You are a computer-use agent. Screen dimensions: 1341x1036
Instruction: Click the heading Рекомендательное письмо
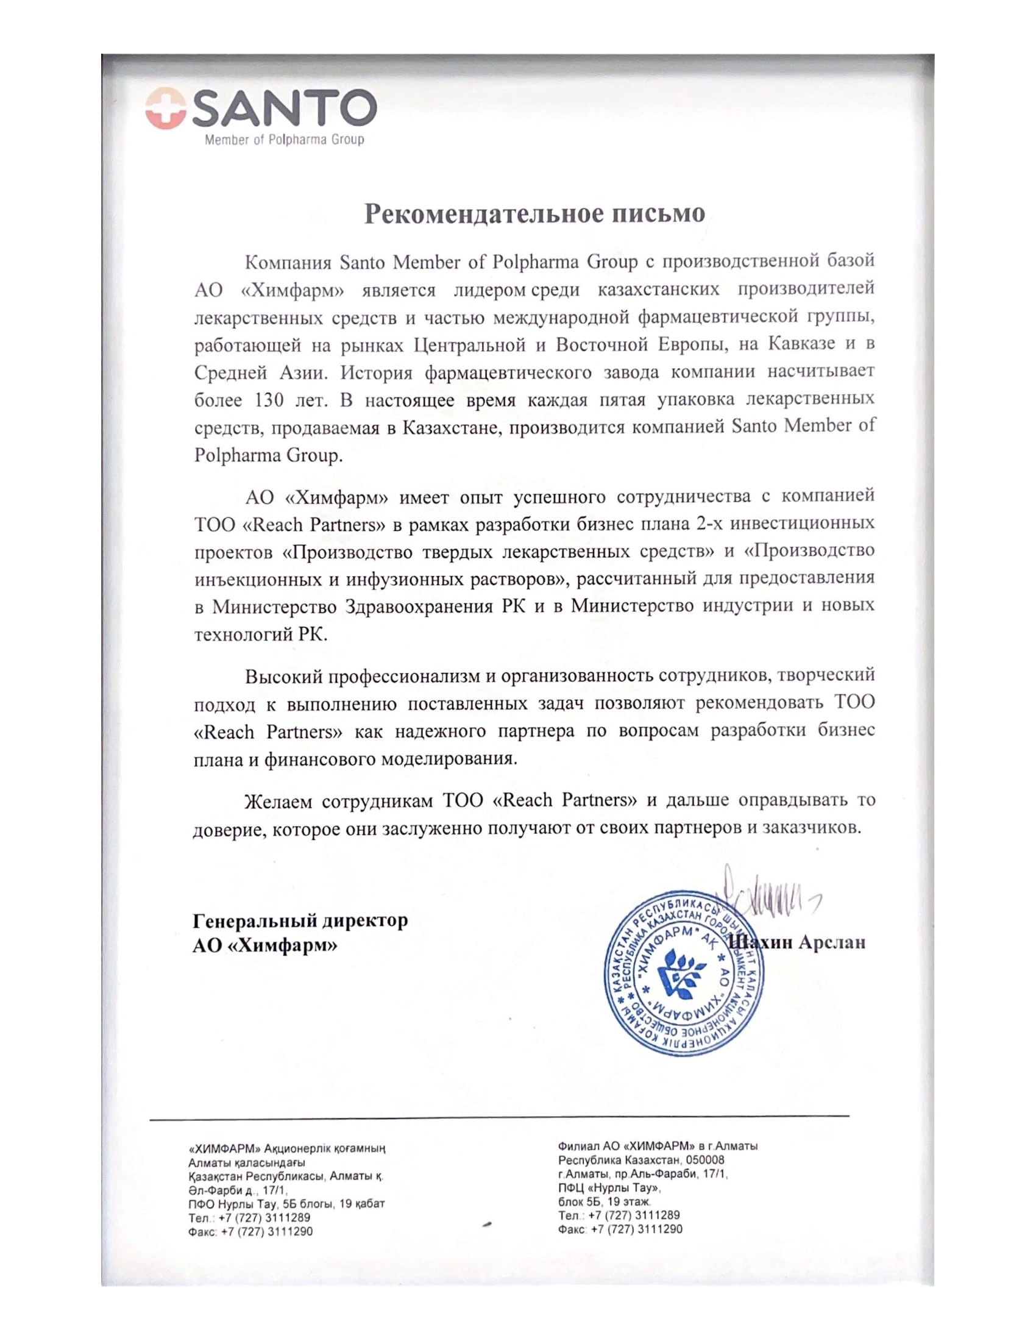[534, 213]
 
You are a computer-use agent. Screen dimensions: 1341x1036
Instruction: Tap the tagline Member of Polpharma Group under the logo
[283, 140]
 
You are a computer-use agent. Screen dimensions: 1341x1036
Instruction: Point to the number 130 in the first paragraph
[268, 400]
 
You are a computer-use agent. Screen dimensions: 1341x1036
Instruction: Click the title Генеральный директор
[300, 920]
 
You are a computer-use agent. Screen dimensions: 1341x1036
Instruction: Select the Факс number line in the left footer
[250, 1231]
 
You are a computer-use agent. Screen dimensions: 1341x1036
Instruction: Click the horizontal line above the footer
[498, 1114]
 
